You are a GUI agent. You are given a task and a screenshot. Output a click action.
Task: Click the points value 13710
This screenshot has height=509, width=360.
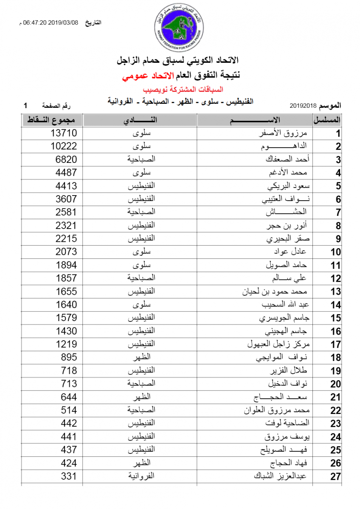(x=64, y=133)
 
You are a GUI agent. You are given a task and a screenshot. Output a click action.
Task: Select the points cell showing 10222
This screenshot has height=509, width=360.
(x=64, y=146)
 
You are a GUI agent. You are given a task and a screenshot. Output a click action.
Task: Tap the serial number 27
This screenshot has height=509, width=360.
(x=335, y=476)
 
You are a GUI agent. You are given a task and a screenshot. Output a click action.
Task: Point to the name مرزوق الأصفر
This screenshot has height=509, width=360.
(x=286, y=133)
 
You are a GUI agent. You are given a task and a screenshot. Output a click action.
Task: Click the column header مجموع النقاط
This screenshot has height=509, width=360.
(x=52, y=120)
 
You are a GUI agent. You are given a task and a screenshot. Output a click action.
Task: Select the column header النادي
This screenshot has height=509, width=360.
(x=140, y=120)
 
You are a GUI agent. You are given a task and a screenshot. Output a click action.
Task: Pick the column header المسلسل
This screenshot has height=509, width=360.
(x=327, y=120)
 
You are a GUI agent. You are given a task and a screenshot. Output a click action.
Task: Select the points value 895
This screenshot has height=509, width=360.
(x=69, y=357)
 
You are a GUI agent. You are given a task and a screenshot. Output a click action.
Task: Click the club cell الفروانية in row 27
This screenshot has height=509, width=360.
(x=141, y=476)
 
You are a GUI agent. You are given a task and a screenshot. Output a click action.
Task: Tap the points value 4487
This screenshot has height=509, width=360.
(x=66, y=173)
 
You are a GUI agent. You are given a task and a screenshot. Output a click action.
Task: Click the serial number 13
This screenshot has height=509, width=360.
(x=335, y=292)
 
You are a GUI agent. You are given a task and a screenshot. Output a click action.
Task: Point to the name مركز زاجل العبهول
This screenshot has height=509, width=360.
(x=276, y=344)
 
